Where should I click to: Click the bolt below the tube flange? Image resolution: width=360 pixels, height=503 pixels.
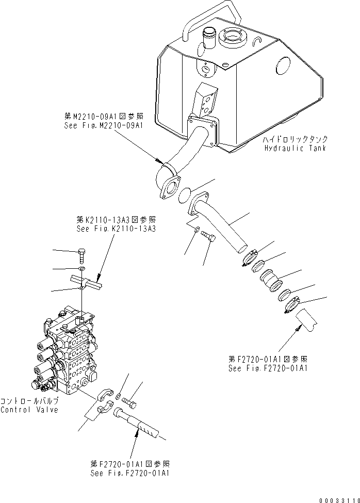point(208,236)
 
